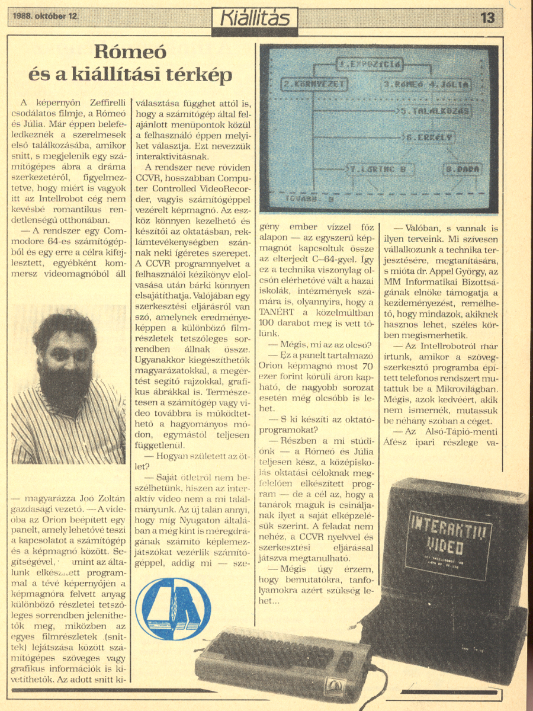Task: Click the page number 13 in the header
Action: (x=487, y=18)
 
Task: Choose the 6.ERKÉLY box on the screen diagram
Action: (x=430, y=137)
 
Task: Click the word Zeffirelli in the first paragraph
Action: (x=101, y=102)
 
